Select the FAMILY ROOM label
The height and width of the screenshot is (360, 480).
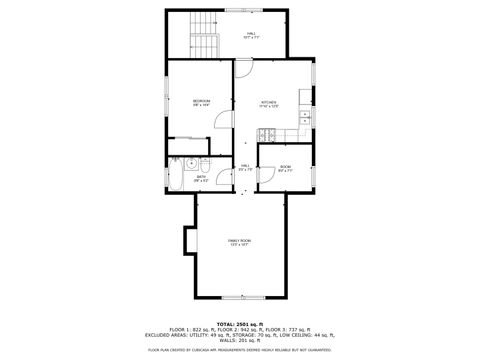click(x=239, y=242)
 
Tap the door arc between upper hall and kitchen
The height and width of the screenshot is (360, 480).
click(x=243, y=70)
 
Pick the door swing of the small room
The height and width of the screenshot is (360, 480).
click(x=266, y=174)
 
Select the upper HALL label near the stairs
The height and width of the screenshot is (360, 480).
click(x=250, y=35)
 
